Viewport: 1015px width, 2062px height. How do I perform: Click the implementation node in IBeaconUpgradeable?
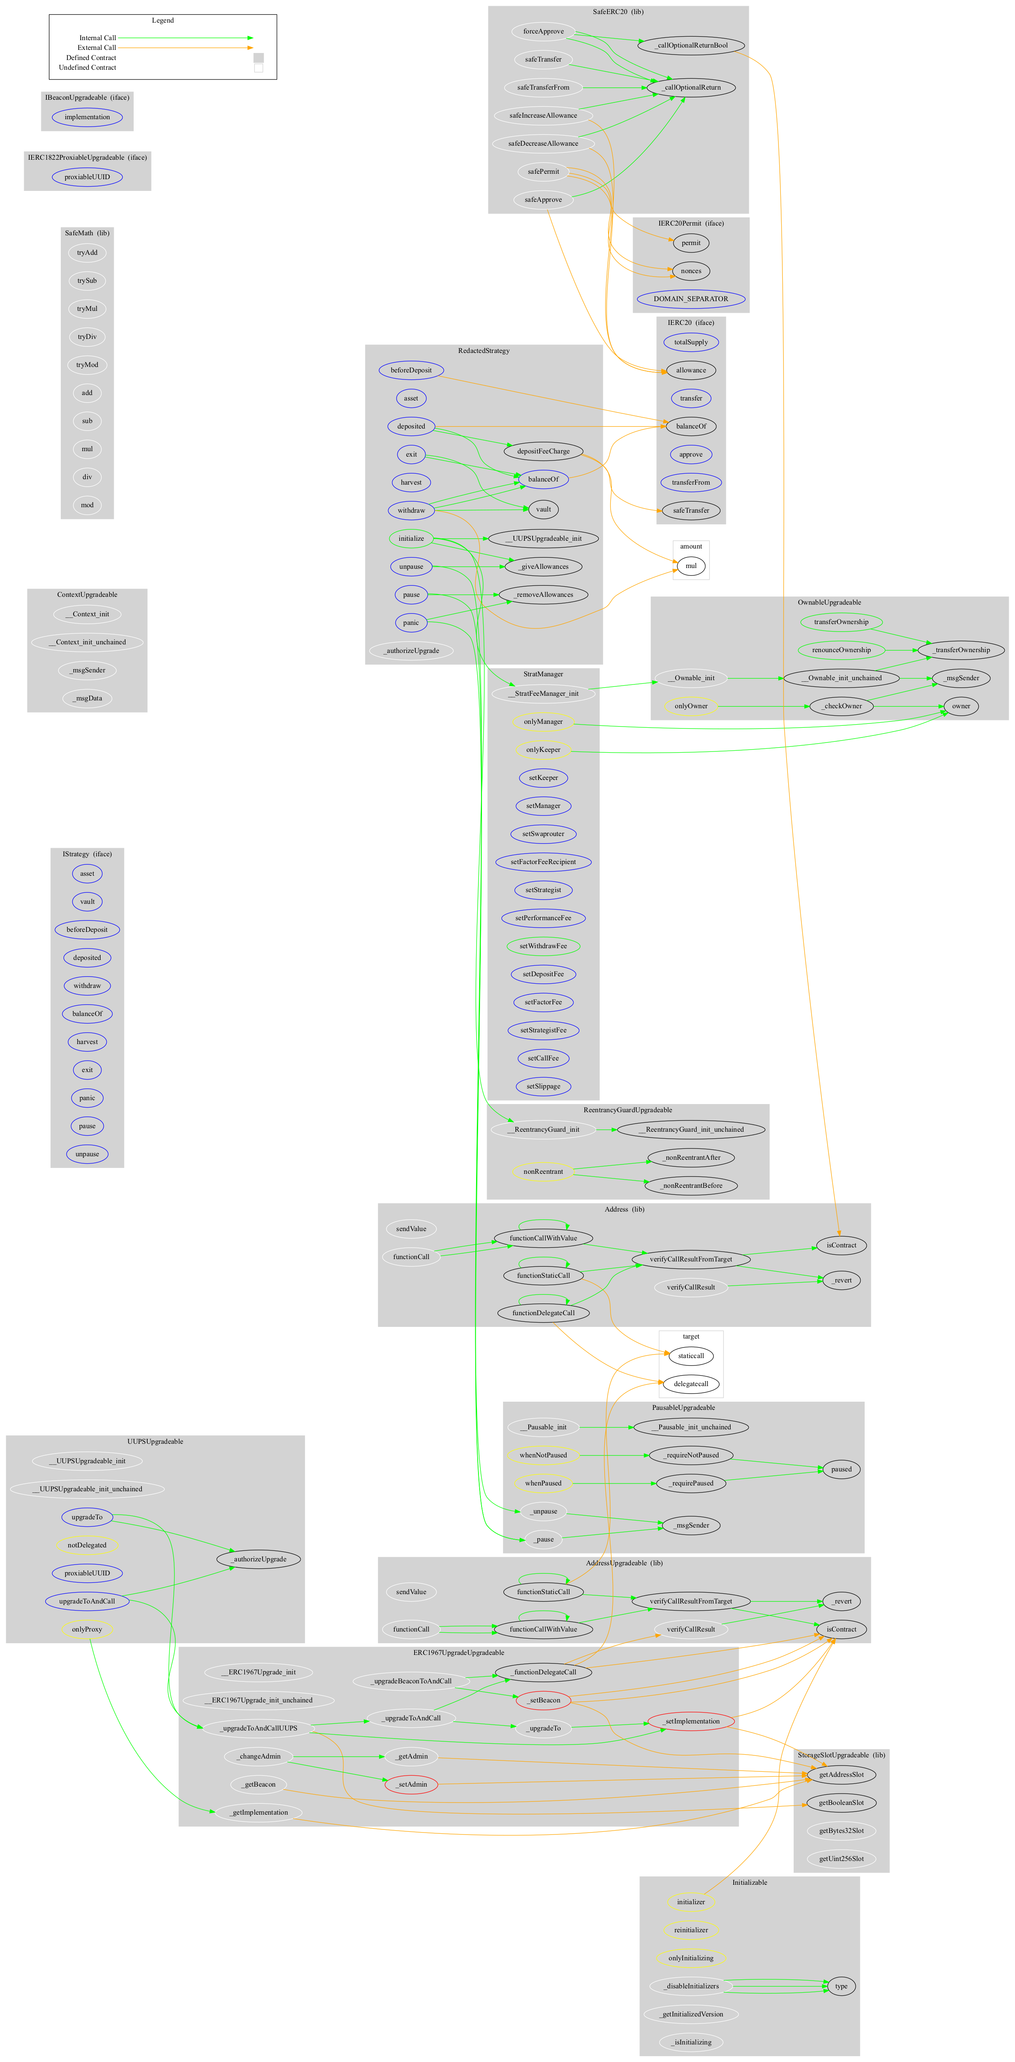coord(87,117)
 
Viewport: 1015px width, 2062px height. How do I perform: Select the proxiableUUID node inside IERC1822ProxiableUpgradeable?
coord(87,177)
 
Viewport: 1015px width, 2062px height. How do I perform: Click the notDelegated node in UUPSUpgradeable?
coord(87,1545)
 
